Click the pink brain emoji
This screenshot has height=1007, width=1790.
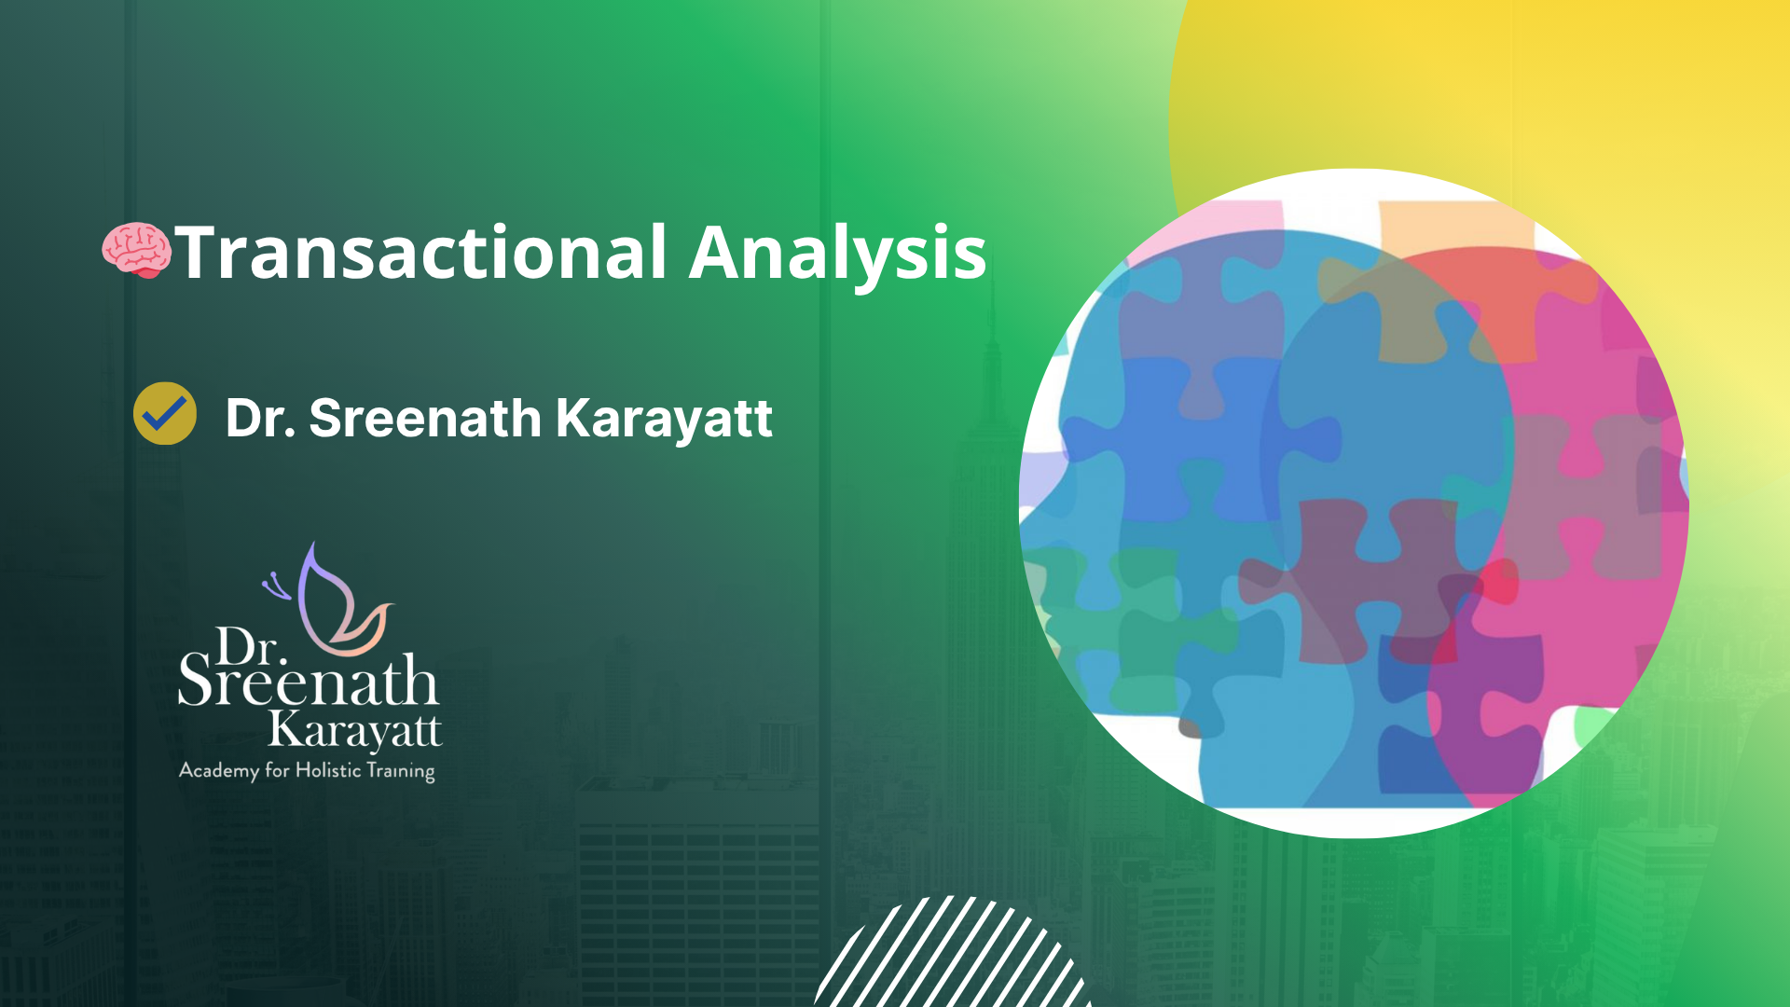[x=137, y=250]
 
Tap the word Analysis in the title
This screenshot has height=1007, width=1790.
[x=838, y=254]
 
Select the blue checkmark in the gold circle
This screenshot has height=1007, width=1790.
[x=165, y=413]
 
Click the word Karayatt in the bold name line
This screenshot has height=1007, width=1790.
[x=664, y=419]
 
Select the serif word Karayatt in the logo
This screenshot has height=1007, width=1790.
[x=355, y=731]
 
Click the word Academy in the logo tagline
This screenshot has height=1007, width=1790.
[x=219, y=771]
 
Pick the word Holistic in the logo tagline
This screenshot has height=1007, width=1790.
[x=328, y=769]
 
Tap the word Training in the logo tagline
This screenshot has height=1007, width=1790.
[x=401, y=772]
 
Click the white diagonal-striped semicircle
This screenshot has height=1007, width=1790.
[x=951, y=956]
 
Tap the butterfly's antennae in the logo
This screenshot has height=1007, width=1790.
[x=277, y=586]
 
